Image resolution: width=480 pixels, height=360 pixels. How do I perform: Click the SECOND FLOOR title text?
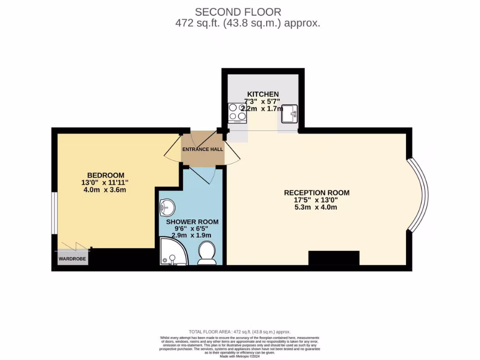coord(238,11)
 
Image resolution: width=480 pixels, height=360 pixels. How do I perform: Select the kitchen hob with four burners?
coord(237,112)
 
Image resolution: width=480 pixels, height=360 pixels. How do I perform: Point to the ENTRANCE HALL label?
coord(202,150)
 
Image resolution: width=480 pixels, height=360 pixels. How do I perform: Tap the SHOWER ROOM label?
coord(192,221)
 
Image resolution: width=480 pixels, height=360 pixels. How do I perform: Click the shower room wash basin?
coord(166,207)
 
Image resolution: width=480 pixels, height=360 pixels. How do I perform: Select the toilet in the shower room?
coord(207,253)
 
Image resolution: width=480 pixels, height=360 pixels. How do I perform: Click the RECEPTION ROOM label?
coord(316,193)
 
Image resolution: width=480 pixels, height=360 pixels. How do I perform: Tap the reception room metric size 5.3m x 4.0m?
coord(316,207)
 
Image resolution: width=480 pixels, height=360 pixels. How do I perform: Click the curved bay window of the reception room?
coord(419,195)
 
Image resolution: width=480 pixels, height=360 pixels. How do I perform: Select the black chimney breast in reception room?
coord(333,258)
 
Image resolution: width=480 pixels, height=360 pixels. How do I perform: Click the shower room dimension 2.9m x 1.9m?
coord(192,235)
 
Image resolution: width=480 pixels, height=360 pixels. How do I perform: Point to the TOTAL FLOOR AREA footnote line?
coord(240,331)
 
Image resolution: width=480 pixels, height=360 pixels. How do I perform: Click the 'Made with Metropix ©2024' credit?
coord(240,356)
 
